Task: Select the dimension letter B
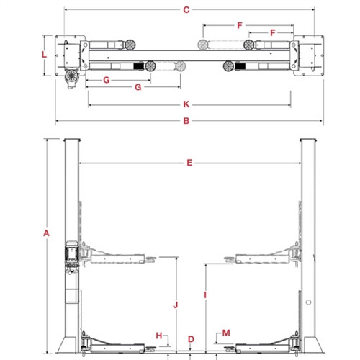click(186, 122)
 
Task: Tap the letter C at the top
click(186, 10)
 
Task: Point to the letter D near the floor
click(191, 338)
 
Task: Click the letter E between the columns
click(189, 163)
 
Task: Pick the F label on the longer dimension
click(240, 25)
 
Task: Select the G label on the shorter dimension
click(106, 79)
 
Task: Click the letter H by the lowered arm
click(161, 336)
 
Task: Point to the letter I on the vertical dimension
click(205, 295)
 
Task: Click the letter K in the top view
click(186, 104)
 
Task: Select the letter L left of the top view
click(44, 55)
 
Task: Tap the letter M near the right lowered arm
click(226, 333)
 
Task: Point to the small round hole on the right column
click(307, 302)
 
